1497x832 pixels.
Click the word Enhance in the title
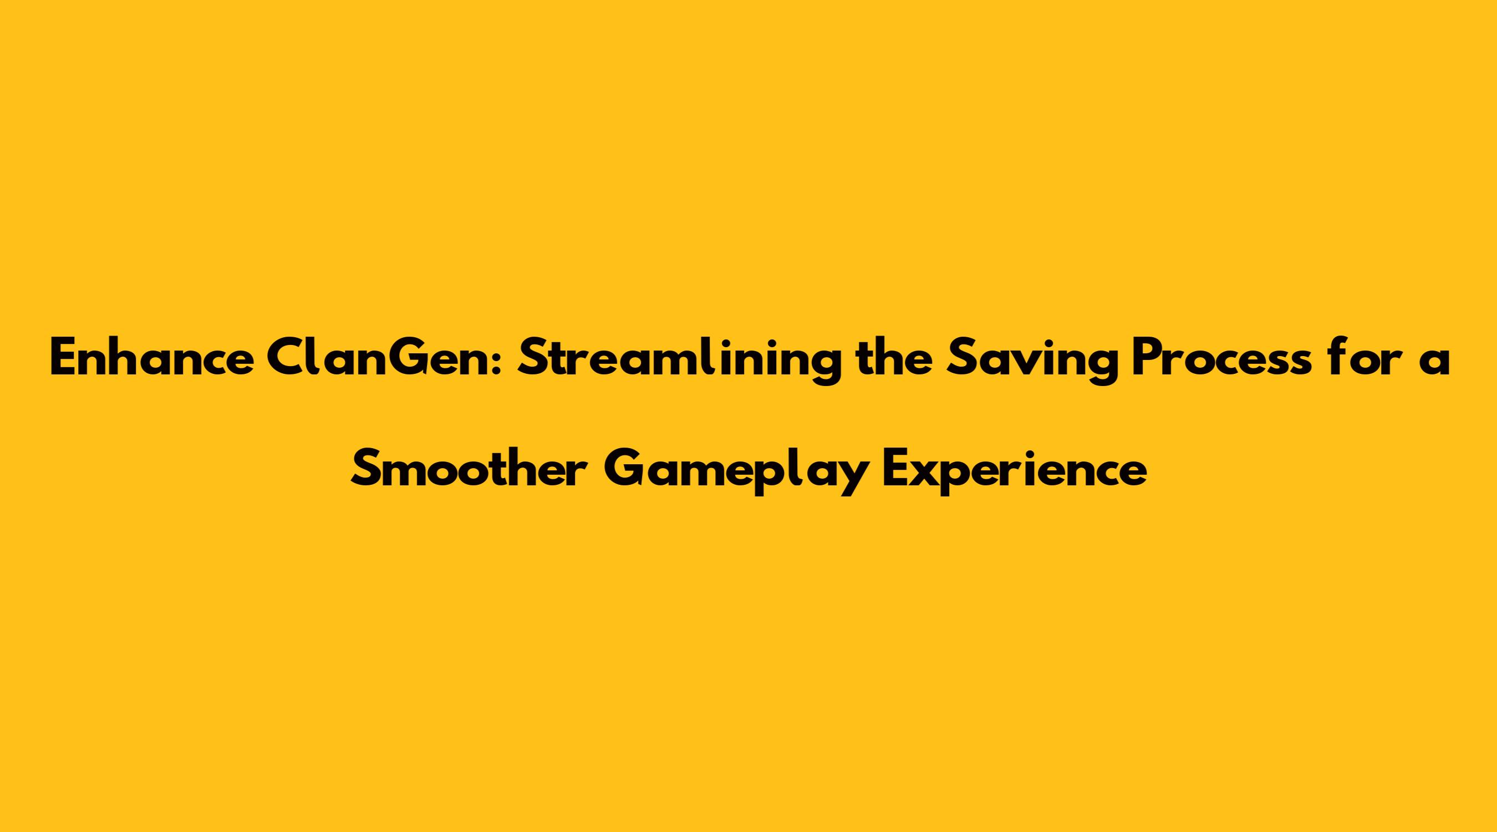tap(152, 359)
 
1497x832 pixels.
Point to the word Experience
tap(1015, 474)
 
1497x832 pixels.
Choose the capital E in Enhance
tap(63, 359)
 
